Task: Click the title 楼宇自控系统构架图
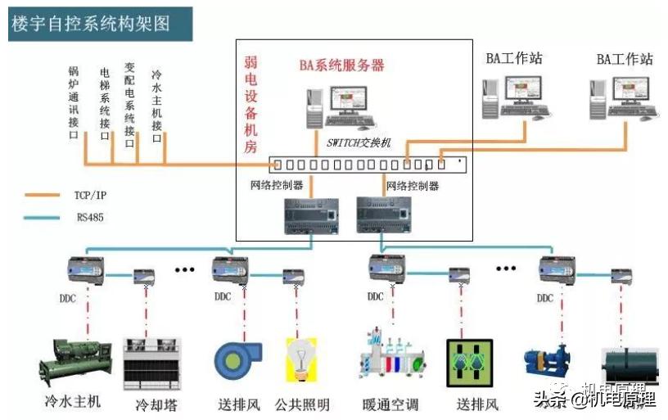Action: [x=90, y=23]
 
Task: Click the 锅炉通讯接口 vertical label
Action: [x=73, y=103]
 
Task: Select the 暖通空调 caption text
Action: [x=390, y=404]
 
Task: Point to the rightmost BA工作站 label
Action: [x=625, y=59]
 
